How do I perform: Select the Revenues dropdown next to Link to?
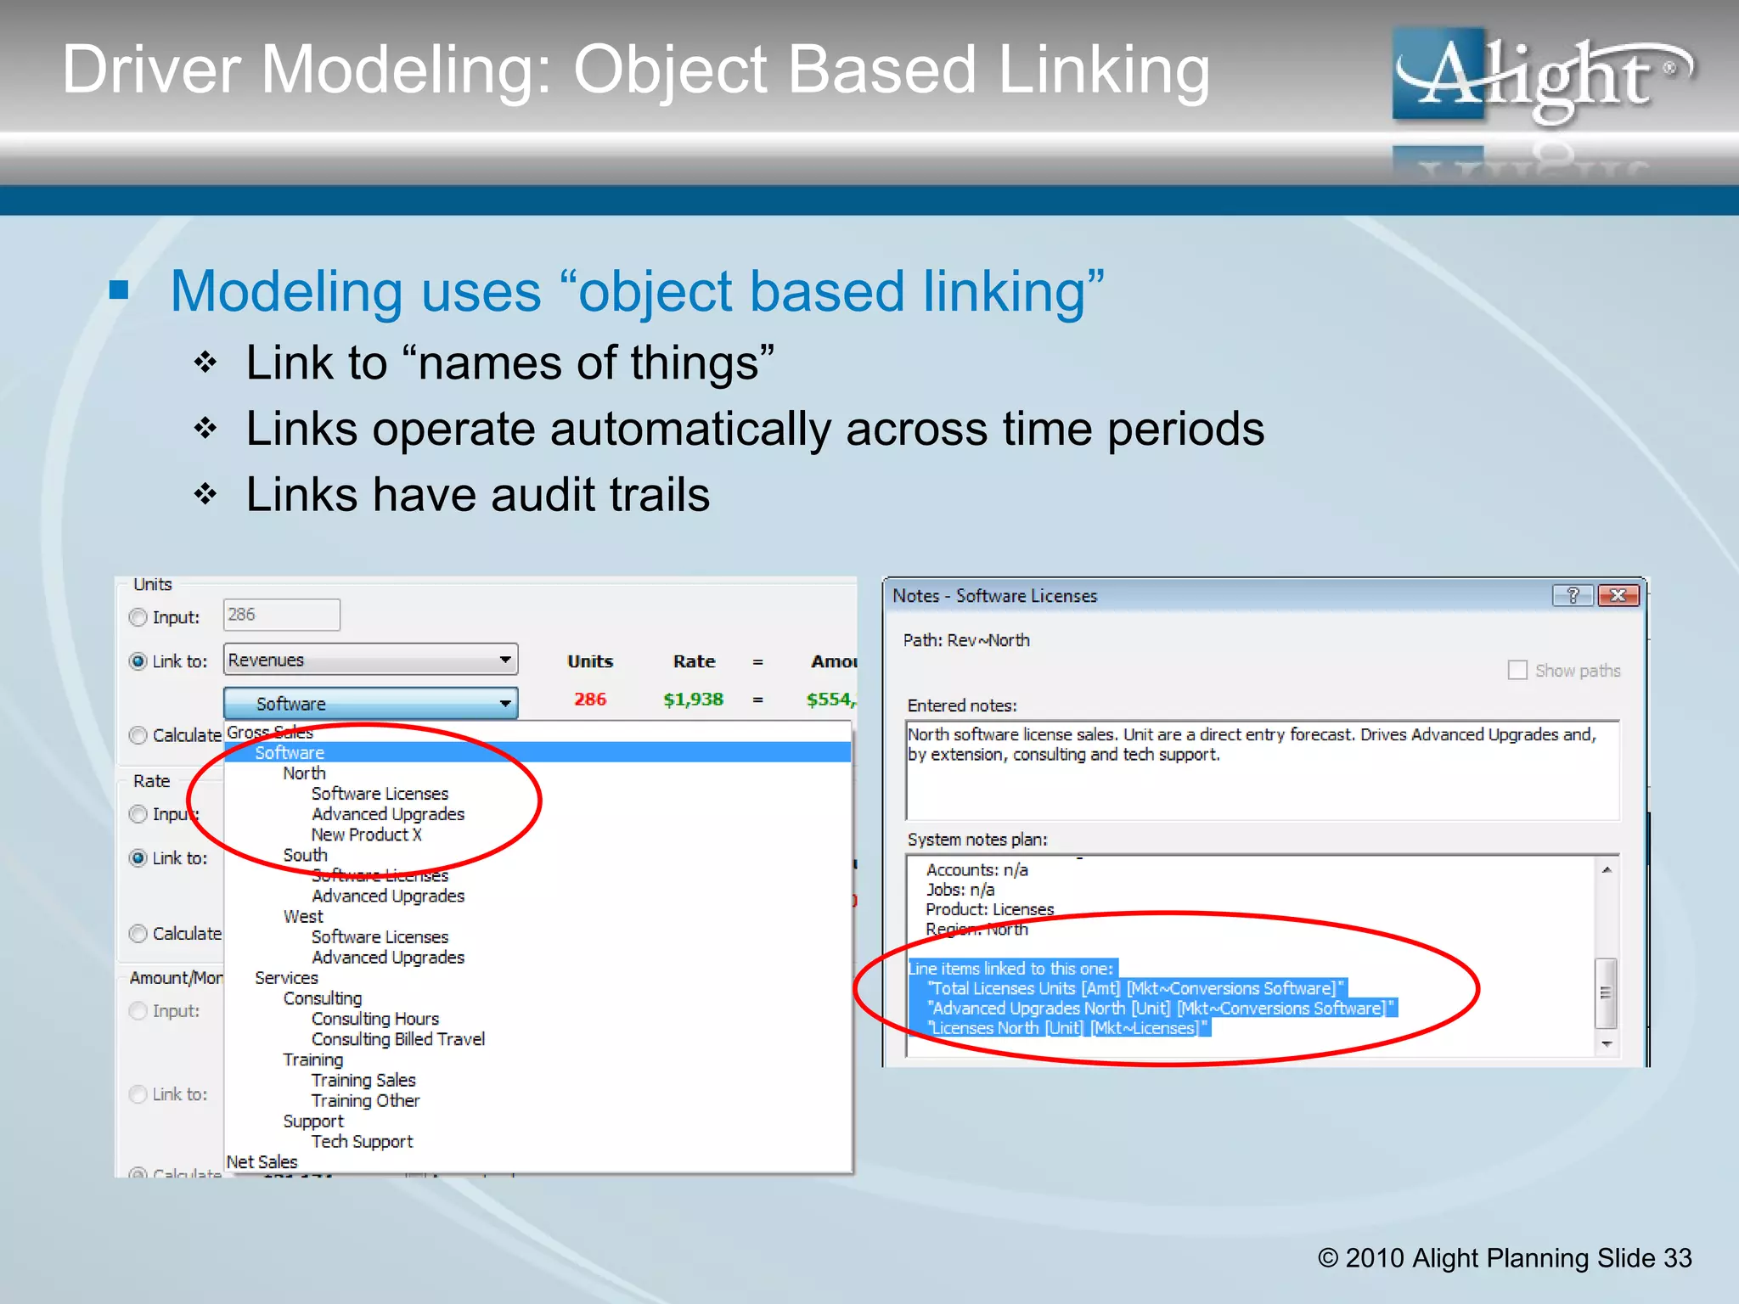coord(370,660)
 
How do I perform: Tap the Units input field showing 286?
coord(281,615)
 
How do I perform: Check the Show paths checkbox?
coord(1517,671)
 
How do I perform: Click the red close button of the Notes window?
coord(1618,595)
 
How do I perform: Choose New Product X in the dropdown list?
coord(366,835)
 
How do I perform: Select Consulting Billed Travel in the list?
coord(397,1039)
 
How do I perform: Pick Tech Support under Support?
coord(362,1142)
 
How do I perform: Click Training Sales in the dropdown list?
coord(363,1080)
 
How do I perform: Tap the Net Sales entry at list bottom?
coord(262,1161)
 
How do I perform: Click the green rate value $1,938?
coord(693,700)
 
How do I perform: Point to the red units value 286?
coord(590,700)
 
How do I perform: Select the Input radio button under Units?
coord(138,617)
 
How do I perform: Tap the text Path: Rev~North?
coord(966,640)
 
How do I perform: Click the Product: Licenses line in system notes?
coord(989,909)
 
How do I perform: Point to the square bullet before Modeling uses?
coord(119,291)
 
